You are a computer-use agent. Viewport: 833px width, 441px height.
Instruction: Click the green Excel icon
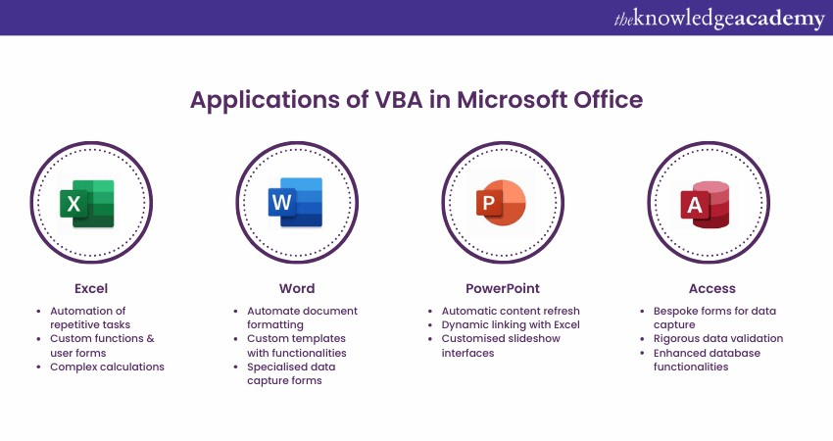point(87,204)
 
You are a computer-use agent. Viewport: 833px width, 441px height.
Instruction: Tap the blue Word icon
point(295,203)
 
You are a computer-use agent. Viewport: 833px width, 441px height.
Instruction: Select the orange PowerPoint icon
point(501,203)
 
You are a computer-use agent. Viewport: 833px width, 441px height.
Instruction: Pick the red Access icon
point(706,205)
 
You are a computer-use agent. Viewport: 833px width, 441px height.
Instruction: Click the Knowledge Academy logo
point(719,19)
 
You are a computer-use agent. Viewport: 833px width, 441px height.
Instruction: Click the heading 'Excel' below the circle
point(91,288)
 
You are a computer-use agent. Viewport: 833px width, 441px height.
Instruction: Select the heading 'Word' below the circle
point(297,288)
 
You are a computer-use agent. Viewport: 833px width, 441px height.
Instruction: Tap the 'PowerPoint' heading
point(503,288)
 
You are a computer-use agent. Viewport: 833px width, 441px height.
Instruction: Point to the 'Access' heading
point(711,288)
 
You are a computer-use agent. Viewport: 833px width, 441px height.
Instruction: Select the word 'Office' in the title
point(609,99)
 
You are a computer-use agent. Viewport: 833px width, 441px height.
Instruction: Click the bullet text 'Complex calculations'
point(108,367)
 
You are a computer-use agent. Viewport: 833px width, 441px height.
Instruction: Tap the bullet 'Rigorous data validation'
point(718,338)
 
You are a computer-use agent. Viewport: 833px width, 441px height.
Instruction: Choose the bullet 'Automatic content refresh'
point(511,311)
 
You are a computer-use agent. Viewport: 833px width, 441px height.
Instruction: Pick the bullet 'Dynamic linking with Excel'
point(511,324)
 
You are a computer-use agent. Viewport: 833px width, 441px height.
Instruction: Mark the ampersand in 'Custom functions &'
point(150,338)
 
